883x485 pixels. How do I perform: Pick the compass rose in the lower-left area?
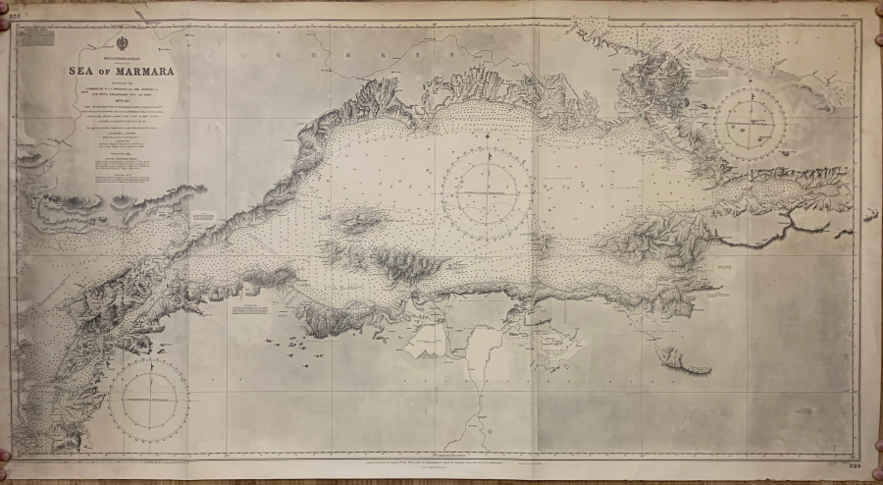pos(147,401)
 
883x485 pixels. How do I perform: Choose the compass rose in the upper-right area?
pos(753,123)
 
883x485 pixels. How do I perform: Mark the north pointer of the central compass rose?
pos(487,157)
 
